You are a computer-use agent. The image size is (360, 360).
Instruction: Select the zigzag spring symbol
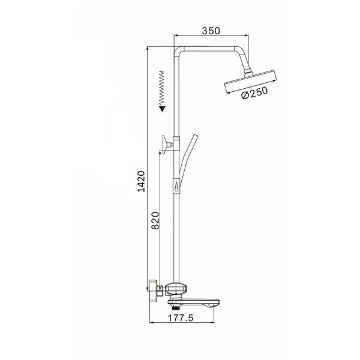pos(161,87)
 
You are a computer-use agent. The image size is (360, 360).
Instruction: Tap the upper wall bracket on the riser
pos(166,143)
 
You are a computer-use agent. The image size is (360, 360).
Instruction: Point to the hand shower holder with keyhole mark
pos(176,188)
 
